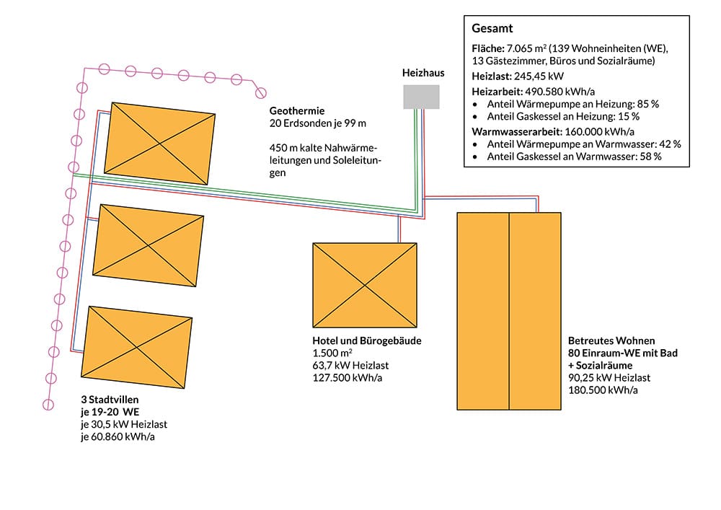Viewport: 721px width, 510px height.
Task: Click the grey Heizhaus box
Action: tap(421, 97)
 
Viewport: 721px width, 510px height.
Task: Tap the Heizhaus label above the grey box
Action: tap(423, 74)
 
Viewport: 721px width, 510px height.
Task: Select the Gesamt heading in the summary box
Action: tap(492, 29)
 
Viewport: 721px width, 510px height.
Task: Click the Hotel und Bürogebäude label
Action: tap(366, 340)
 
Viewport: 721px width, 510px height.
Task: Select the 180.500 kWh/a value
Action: tap(601, 390)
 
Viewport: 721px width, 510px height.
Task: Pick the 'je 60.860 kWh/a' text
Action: tap(118, 436)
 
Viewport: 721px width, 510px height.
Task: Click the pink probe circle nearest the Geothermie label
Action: tap(261, 92)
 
